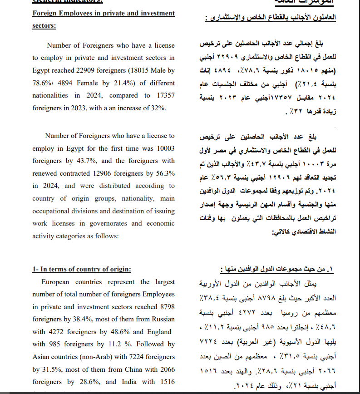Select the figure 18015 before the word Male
[135, 71]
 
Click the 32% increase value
[159, 108]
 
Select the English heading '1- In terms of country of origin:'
[82, 269]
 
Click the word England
[158, 332]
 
